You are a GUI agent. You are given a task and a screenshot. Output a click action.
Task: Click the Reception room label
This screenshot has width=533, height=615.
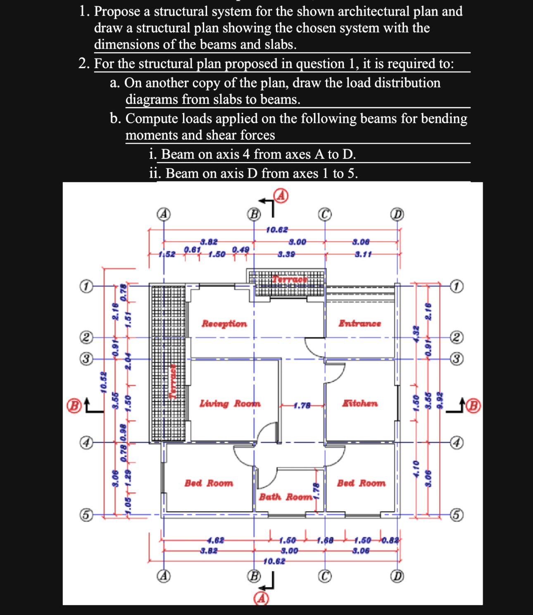click(x=224, y=324)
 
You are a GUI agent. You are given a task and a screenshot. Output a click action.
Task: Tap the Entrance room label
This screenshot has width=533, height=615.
click(x=359, y=324)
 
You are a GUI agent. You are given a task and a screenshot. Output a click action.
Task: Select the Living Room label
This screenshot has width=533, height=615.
click(x=230, y=403)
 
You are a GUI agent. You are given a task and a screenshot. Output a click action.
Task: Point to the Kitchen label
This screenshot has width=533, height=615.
click(x=359, y=403)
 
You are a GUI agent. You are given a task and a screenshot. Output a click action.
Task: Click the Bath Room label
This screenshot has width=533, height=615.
click(x=286, y=497)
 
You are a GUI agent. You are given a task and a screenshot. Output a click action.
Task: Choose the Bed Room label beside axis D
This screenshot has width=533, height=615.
click(x=361, y=483)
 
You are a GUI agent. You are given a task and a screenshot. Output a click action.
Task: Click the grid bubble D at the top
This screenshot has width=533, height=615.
click(x=397, y=214)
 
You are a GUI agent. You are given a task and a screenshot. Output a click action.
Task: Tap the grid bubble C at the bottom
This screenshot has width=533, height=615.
click(x=325, y=576)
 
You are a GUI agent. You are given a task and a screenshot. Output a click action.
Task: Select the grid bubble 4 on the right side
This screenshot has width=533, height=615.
click(x=456, y=443)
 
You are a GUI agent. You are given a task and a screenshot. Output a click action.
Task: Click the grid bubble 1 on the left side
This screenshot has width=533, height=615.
click(x=86, y=286)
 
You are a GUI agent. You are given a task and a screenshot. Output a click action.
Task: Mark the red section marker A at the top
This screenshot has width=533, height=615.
click(x=281, y=195)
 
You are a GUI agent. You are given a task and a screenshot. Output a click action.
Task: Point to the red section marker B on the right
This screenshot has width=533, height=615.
click(x=474, y=406)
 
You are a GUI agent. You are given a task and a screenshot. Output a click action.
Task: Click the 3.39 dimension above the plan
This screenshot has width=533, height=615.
click(x=286, y=254)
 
